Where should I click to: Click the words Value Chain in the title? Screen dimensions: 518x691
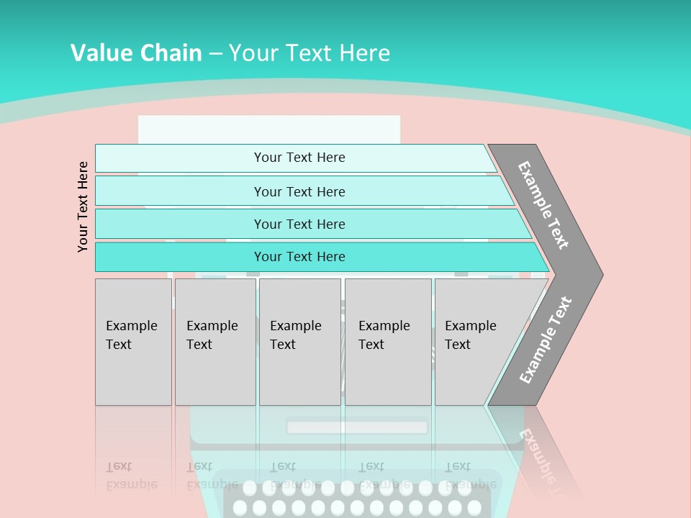coord(136,53)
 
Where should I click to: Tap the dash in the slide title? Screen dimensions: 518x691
coord(215,53)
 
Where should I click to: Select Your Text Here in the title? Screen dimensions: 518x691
coord(310,53)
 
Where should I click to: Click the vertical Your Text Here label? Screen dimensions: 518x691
coord(83,206)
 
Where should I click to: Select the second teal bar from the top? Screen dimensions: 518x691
coord(299,191)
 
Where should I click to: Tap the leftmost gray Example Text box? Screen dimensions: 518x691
coord(133,342)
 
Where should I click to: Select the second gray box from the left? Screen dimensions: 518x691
coord(215,342)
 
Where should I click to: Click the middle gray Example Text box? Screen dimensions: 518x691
coord(299,342)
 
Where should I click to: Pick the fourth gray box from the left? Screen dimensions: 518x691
coord(388,342)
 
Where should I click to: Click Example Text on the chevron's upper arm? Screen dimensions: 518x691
coord(543,205)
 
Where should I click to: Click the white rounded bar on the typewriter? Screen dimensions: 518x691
coord(357,427)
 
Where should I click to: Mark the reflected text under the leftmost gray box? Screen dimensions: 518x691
coord(131,475)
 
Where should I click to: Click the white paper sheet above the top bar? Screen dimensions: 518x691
coord(268,129)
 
